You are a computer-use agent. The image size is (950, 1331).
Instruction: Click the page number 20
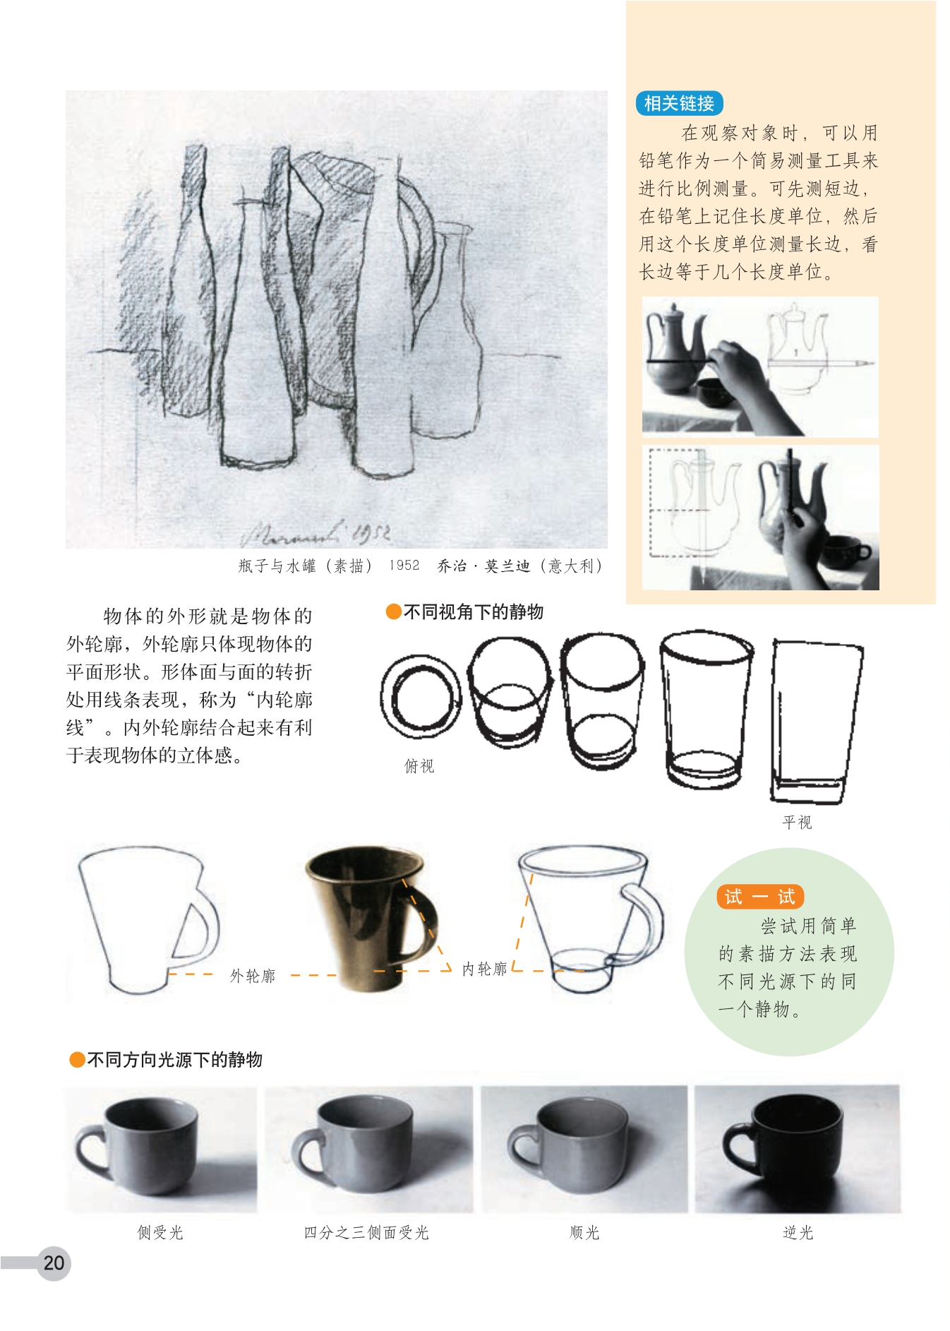pyautogui.click(x=54, y=1263)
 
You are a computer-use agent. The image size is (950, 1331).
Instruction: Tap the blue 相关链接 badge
pyautogui.click(x=679, y=103)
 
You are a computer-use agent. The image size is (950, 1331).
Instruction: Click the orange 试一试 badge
pyautogui.click(x=760, y=897)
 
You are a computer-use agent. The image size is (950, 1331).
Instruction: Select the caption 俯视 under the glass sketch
pyautogui.click(x=419, y=766)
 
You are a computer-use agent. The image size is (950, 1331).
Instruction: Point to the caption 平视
pyautogui.click(x=798, y=822)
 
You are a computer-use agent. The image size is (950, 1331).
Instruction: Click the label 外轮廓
pyautogui.click(x=253, y=976)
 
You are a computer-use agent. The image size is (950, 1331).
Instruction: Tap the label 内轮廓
pyautogui.click(x=485, y=969)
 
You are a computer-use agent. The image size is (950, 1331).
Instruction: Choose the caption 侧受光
pyautogui.click(x=160, y=1232)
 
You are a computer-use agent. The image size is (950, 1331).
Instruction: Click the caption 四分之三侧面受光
pyautogui.click(x=366, y=1232)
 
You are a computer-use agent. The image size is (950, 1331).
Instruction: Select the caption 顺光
pyautogui.click(x=584, y=1232)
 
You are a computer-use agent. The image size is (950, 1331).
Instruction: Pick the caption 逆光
pyautogui.click(x=798, y=1232)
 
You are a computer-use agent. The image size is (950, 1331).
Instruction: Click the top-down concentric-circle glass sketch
pyautogui.click(x=421, y=697)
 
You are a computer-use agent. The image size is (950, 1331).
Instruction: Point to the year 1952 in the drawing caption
pyautogui.click(x=404, y=565)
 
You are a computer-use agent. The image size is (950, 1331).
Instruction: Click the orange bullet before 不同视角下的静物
pyautogui.click(x=393, y=611)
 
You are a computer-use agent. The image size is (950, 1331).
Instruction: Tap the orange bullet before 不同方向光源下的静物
pyautogui.click(x=77, y=1059)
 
